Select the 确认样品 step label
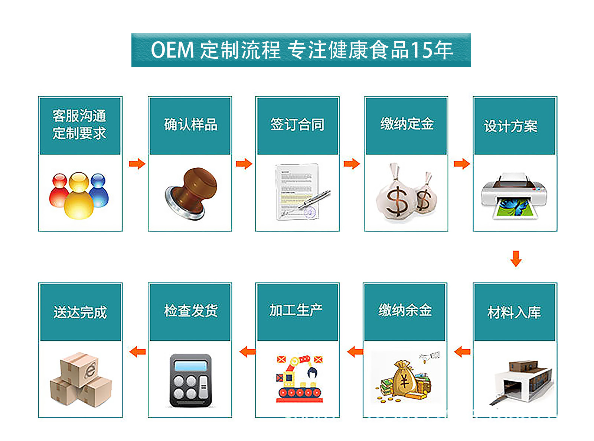[x=190, y=124]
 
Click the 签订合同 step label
[x=297, y=124]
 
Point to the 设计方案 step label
[x=510, y=126]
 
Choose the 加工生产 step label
[x=296, y=310]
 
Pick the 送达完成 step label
[x=80, y=312]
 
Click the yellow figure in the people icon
[x=79, y=195]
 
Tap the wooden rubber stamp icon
[x=191, y=193]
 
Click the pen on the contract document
[x=314, y=199]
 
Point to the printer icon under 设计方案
[x=514, y=196]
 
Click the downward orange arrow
[x=516, y=259]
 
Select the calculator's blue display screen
[x=190, y=366]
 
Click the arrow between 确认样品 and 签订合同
[x=244, y=163]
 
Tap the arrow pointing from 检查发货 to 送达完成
[x=137, y=351]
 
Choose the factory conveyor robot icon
[x=299, y=379]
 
